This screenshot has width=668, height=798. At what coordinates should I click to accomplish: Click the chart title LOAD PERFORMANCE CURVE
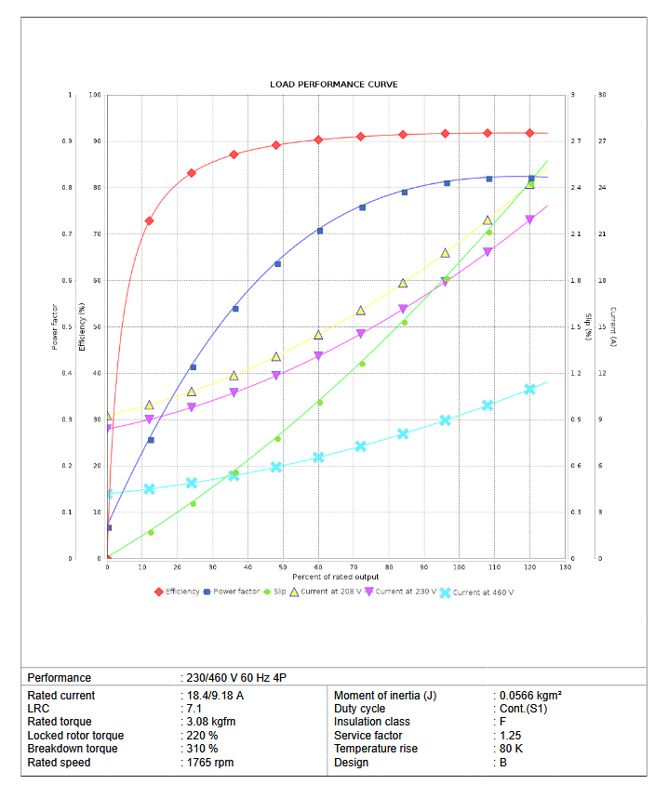pyautogui.click(x=333, y=85)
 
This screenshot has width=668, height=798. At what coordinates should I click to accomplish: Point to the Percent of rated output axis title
pyautogui.click(x=333, y=577)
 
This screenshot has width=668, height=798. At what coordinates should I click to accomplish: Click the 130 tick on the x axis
pyautogui.click(x=565, y=566)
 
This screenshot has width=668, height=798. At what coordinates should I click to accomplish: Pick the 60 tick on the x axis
pyautogui.click(x=318, y=566)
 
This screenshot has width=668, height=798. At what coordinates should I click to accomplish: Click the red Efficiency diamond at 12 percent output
pyautogui.click(x=149, y=220)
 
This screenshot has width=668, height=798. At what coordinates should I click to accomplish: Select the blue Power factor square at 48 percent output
pyautogui.click(x=277, y=264)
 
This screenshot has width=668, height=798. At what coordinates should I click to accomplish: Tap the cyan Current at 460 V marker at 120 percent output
pyautogui.click(x=530, y=389)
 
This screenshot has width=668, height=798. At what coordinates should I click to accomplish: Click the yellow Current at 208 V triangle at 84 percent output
pyautogui.click(x=403, y=283)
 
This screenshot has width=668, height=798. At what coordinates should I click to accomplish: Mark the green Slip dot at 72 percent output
pyautogui.click(x=362, y=363)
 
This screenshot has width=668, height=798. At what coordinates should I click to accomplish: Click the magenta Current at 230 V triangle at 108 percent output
pyautogui.click(x=488, y=252)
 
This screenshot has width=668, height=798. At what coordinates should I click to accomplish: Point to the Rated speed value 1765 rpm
pyautogui.click(x=209, y=763)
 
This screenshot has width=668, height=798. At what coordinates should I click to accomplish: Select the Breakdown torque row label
pyautogui.click(x=73, y=749)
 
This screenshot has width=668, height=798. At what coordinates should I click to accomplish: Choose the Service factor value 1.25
pyautogui.click(x=508, y=736)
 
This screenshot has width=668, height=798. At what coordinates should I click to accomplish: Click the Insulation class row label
pyautogui.click(x=372, y=722)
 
